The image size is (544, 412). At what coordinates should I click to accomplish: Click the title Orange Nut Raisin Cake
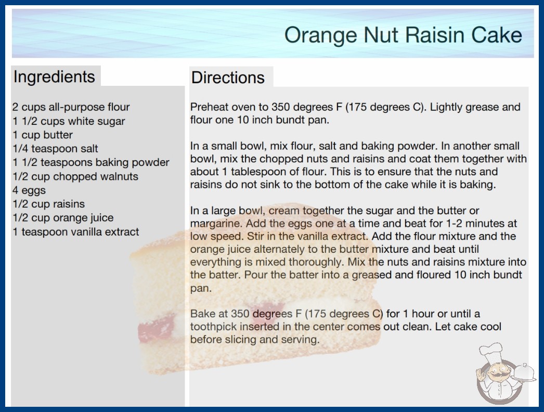403,35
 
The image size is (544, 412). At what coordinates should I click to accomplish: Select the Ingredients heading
54,77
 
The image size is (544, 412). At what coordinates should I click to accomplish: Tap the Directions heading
228,78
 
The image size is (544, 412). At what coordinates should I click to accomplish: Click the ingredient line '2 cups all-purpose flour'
71,107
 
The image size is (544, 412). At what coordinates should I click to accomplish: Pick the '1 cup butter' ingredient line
43,135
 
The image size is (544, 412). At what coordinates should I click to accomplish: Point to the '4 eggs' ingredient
29,190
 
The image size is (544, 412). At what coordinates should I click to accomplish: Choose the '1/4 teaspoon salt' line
55,149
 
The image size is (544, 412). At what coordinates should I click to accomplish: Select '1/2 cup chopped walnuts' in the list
75,176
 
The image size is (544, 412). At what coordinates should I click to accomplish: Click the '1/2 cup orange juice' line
63,218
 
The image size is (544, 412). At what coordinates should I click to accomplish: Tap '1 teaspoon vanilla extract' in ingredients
75,232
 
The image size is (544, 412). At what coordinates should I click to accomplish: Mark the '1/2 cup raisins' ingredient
48,204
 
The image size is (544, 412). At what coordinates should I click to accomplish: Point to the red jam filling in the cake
156,328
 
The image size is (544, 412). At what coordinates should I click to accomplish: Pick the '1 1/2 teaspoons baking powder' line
91,162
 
